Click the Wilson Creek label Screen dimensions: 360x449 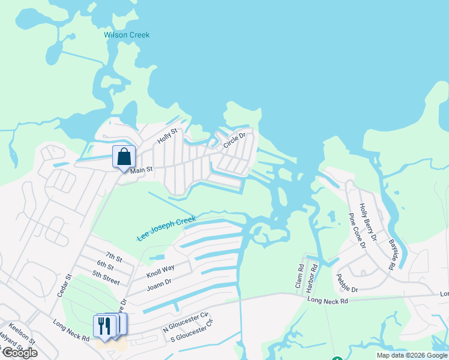click(127, 35)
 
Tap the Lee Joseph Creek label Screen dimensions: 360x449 click(166, 229)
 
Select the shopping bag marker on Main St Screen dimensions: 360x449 click(124, 158)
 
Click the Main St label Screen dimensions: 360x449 click(142, 170)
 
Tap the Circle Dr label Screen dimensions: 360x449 click(235, 140)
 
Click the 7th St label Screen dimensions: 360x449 click(113, 258)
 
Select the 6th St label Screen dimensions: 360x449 click(105, 265)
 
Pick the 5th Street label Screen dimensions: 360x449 click(106, 277)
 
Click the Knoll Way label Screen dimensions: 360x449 click(160, 271)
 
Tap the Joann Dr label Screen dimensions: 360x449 click(159, 284)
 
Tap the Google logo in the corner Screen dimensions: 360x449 click(20, 353)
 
